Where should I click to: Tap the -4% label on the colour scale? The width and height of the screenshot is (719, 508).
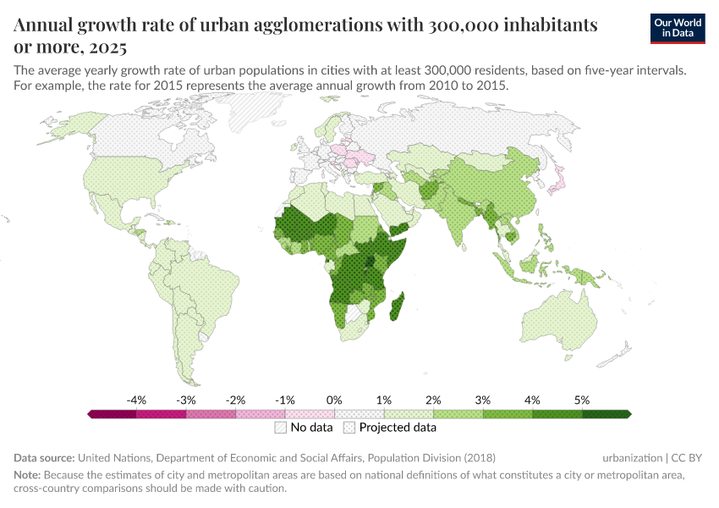[x=136, y=400]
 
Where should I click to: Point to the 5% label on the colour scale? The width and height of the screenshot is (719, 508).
[x=581, y=400]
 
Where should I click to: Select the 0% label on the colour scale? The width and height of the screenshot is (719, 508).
[x=334, y=400]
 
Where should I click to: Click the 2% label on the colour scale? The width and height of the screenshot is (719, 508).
[x=433, y=400]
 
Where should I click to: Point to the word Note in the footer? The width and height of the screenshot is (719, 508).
[x=29, y=475]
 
